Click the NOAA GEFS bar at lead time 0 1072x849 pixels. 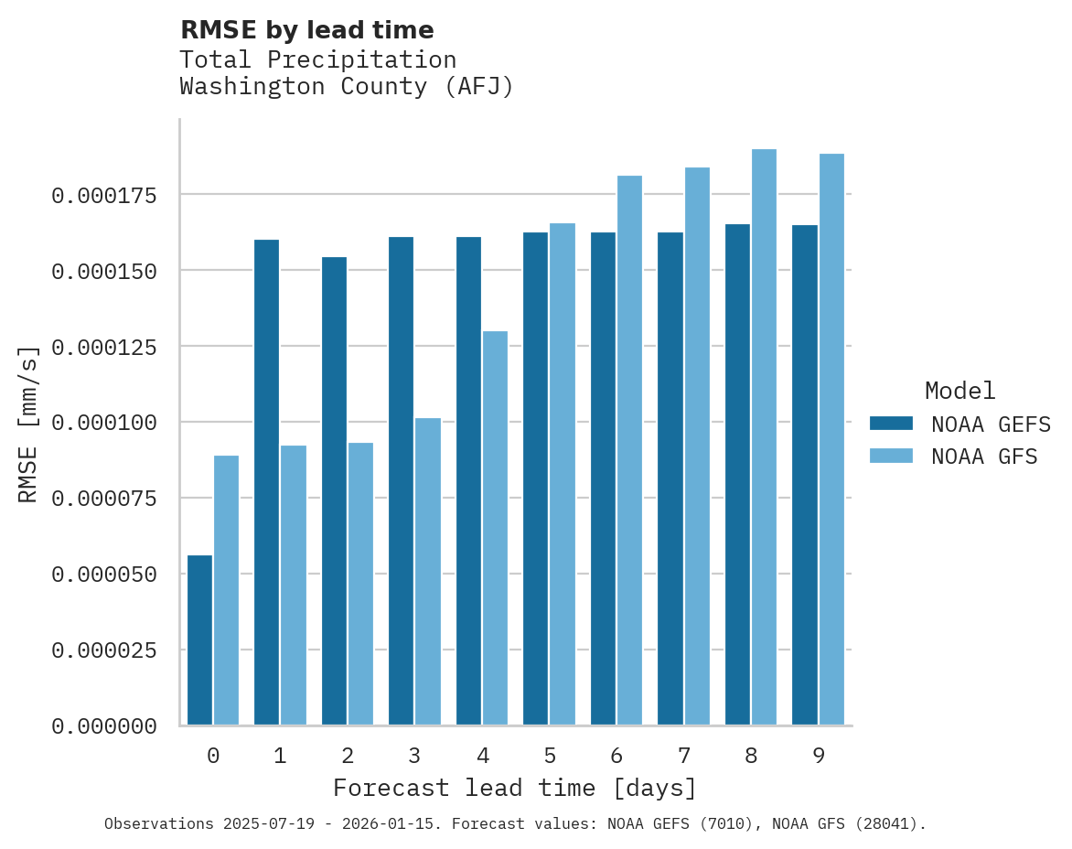pos(199,639)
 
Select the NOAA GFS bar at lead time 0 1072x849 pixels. pos(226,590)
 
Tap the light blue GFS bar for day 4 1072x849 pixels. pos(495,528)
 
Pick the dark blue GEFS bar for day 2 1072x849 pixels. pos(334,490)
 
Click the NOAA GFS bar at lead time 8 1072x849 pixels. pos(764,436)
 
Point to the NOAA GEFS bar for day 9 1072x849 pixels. pos(805,475)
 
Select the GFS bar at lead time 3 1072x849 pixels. pos(428,571)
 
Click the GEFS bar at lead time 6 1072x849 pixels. pos(603,478)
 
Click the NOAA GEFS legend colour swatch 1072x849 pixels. pos(891,423)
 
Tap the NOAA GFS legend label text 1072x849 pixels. pos(984,456)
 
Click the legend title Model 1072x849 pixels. pos(959,391)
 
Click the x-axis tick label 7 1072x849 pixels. pos(683,756)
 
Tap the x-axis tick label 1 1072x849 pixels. pos(280,756)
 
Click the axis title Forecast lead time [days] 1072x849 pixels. pos(515,788)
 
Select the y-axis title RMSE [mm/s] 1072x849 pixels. pos(28,424)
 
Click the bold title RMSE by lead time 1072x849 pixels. pos(306,30)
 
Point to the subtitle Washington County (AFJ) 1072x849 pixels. pos(347,87)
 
